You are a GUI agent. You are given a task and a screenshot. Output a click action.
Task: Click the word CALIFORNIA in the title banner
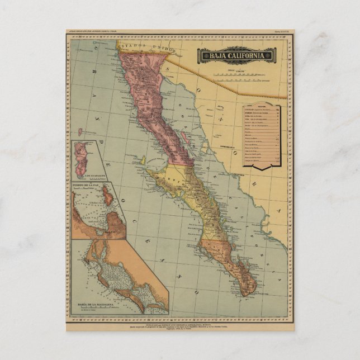coord(246,55)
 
